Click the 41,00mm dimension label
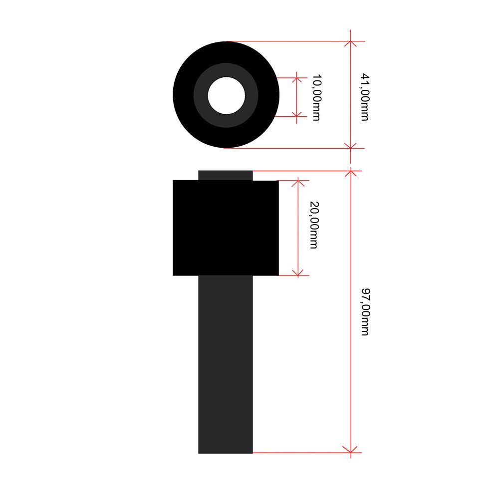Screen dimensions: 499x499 365,97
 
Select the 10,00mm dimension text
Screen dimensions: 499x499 317,97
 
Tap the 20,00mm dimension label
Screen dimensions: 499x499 314,225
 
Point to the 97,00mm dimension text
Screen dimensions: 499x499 365,312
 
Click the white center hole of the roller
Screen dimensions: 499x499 226,95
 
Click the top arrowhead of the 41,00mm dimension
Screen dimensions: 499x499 350,43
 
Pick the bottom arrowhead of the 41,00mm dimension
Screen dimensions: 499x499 350,146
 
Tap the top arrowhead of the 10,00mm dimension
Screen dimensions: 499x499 296,80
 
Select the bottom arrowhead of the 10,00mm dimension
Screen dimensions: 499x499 296,114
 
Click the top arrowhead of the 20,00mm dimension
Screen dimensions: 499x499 298,183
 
